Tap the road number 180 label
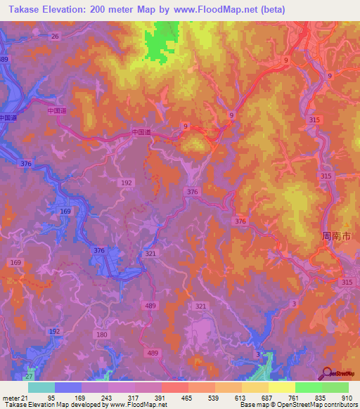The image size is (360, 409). point(103,335)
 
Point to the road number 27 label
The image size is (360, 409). point(30,377)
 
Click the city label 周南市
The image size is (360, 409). point(335,237)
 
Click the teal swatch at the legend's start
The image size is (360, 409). point(41,387)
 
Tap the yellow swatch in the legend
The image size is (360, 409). point(282,387)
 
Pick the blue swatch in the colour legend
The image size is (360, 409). point(68,387)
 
